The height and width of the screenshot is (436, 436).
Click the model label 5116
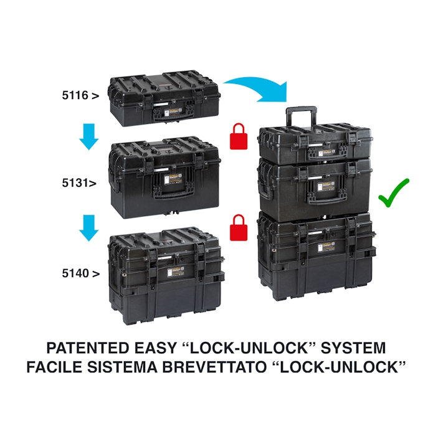75,95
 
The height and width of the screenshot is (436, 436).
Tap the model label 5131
74,183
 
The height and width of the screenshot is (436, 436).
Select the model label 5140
75,273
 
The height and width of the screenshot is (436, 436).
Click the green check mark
394,193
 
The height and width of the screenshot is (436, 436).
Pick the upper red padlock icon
239,136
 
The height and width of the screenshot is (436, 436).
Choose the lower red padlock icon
239,227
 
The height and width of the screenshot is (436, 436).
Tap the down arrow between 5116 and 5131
89,137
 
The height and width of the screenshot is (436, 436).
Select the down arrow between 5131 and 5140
89,228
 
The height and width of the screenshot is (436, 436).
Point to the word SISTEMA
122,367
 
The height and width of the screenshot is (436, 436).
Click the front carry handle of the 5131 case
173,194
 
